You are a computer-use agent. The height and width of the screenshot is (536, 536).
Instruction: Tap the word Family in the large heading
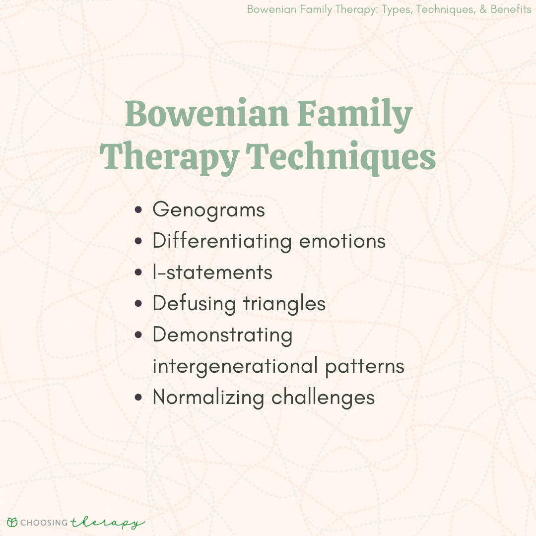(x=355, y=115)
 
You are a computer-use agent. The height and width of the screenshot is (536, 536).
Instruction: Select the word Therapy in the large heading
(x=170, y=158)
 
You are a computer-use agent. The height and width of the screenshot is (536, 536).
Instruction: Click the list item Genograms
(x=208, y=209)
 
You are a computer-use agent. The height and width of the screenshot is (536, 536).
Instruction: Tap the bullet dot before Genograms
(x=138, y=209)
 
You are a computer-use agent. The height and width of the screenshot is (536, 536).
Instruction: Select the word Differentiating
(x=222, y=241)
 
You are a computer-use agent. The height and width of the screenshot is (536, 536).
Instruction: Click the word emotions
(x=342, y=241)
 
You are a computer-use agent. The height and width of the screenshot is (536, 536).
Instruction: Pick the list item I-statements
(x=212, y=272)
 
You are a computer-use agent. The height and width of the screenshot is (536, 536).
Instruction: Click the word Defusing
(x=194, y=304)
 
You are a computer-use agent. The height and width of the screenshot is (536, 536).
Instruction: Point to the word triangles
(x=284, y=304)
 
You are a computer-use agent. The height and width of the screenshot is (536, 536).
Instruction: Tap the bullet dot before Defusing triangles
(x=138, y=304)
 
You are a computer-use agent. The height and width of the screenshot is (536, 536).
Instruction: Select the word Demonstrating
(x=222, y=335)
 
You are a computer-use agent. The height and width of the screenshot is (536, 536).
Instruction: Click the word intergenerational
(x=236, y=366)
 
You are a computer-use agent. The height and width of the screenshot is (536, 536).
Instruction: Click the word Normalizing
(x=208, y=398)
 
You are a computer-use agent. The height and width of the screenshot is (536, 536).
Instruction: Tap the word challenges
(x=323, y=398)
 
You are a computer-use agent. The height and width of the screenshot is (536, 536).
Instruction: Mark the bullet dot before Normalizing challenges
(x=138, y=398)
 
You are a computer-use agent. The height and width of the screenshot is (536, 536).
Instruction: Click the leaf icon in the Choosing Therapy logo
(x=12, y=522)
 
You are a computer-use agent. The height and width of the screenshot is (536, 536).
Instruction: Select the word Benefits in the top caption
(x=511, y=9)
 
